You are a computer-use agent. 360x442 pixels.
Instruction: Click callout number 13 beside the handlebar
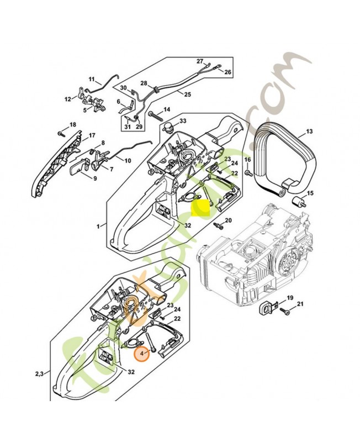coord(309,131)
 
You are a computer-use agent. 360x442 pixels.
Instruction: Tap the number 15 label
coord(310,193)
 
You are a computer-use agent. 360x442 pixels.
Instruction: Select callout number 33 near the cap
coord(183,121)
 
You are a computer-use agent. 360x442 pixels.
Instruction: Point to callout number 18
coord(72,125)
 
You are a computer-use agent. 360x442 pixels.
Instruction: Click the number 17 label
coord(92,135)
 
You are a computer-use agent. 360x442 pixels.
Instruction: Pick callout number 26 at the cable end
coord(227,72)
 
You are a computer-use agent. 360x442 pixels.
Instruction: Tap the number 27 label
coord(200,61)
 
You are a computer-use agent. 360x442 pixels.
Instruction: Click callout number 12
coord(68,99)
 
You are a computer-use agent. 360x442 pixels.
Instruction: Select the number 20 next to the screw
coord(229,221)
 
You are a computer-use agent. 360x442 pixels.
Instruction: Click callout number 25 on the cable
coord(188,94)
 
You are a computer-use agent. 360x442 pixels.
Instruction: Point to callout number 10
coord(128,161)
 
